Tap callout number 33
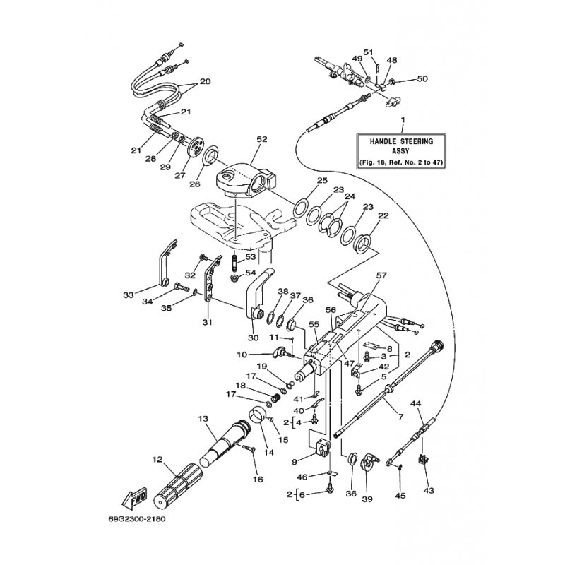[128, 295]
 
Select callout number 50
[422, 78]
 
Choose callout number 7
[400, 417]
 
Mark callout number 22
[384, 217]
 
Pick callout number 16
[258, 480]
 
